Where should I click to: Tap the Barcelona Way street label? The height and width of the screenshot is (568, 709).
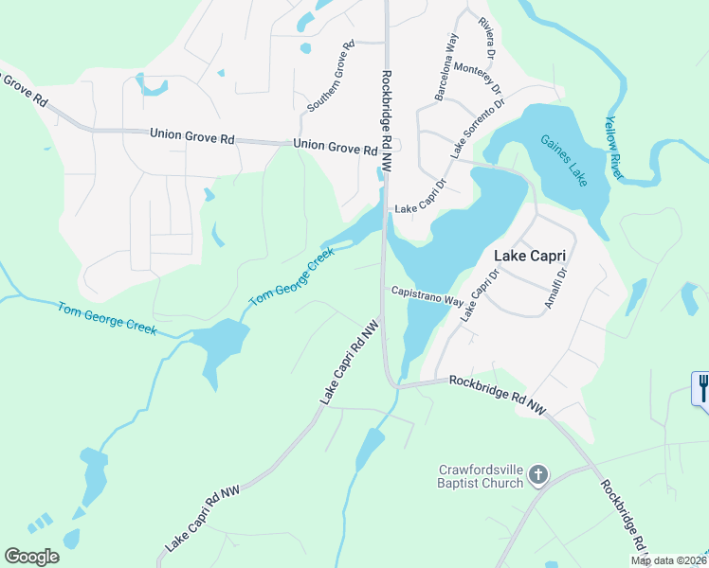tap(446, 67)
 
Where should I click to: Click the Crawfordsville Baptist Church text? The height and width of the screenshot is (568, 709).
tap(481, 476)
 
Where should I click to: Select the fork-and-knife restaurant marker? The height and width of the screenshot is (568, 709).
tap(701, 388)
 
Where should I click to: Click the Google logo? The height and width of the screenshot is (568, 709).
tap(31, 557)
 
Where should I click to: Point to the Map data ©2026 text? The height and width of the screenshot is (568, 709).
tap(669, 560)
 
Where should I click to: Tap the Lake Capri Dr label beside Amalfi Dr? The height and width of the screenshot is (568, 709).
tap(480, 296)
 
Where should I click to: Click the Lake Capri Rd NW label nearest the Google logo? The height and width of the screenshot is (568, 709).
tap(203, 520)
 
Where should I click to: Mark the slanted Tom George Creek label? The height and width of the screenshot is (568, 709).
tap(292, 275)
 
